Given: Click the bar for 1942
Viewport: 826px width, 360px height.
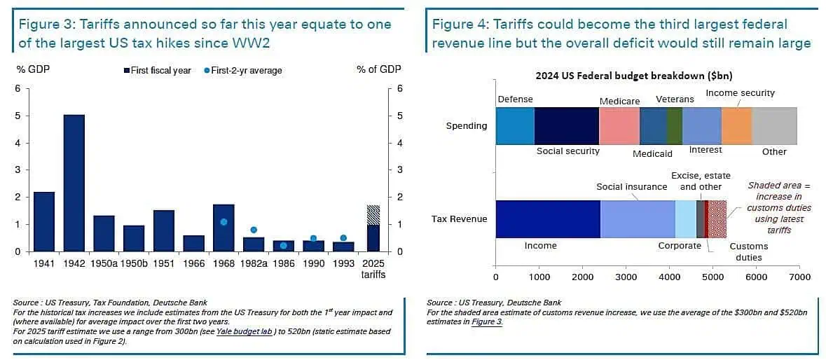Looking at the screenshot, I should (x=74, y=183).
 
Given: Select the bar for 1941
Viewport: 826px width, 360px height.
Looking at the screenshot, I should (x=44, y=221).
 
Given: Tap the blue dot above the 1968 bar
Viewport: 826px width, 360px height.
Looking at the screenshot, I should (x=223, y=222).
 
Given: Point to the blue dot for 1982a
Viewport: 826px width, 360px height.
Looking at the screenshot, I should (x=254, y=230).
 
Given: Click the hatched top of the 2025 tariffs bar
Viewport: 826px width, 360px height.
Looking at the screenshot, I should (x=373, y=215).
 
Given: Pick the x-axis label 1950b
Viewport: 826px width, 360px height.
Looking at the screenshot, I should (x=134, y=264).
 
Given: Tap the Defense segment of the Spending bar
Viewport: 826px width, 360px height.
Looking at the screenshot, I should (x=515, y=126).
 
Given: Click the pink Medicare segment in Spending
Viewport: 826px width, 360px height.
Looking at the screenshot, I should (x=619, y=126).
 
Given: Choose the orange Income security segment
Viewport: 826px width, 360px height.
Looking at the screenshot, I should (x=736, y=126).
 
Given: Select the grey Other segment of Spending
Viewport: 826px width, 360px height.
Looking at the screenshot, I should (x=774, y=126).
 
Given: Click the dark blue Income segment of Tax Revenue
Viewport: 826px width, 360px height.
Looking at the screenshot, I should (x=548, y=219).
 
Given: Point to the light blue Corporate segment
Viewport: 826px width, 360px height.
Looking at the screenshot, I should (x=685, y=219).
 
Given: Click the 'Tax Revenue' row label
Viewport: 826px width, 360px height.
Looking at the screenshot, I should (x=459, y=219).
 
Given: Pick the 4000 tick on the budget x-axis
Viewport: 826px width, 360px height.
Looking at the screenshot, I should (x=669, y=277).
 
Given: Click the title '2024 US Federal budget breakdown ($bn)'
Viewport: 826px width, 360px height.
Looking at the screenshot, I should (x=633, y=76).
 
